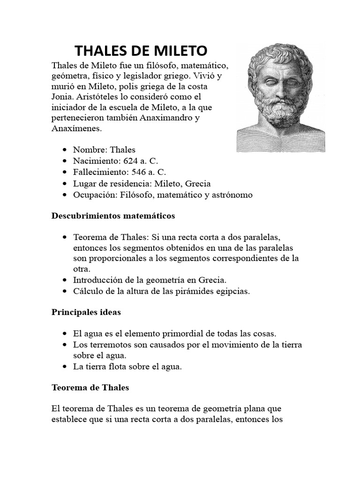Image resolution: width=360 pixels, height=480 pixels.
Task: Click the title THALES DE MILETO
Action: click(141, 50)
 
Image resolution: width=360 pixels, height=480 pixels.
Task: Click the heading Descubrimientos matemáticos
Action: click(113, 216)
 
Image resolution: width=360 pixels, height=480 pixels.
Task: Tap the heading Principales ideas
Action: click(86, 312)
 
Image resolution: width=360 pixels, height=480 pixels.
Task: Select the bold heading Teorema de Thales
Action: click(90, 388)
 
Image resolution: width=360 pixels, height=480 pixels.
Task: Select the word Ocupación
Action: click(94, 195)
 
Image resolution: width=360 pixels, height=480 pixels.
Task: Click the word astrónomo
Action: click(231, 195)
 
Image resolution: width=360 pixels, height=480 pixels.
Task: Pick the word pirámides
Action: click(186, 291)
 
